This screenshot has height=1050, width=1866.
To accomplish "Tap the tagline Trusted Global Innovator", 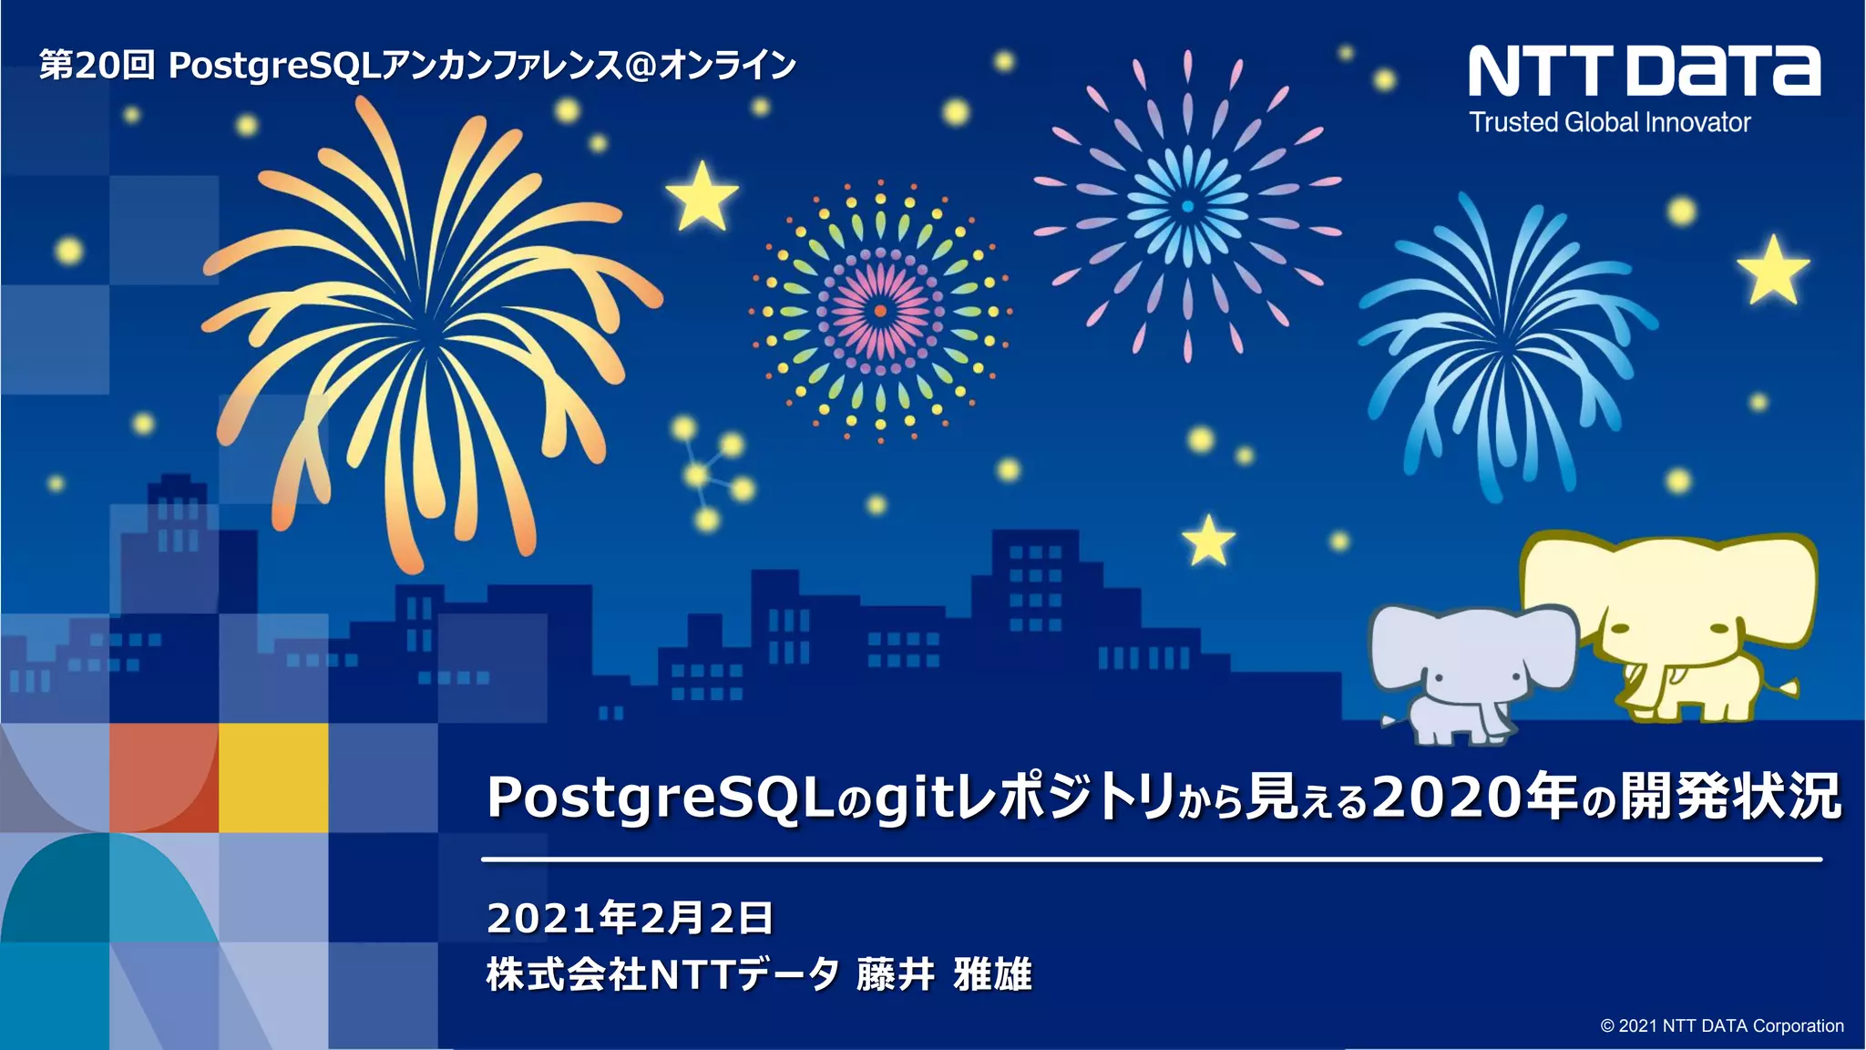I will tap(1609, 122).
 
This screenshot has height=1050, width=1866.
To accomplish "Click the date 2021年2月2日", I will tap(630, 918).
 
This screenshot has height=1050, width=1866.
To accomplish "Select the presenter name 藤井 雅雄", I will tap(944, 974).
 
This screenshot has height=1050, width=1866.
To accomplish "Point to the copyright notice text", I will tap(1721, 1025).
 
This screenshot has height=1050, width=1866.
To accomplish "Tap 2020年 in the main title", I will tap(1475, 797).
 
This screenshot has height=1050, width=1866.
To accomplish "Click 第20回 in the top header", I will tap(97, 66).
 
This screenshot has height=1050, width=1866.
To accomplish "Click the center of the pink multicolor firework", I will tap(880, 311).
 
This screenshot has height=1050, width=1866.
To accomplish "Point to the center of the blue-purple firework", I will tap(1187, 207).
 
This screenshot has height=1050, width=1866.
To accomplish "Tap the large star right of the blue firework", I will tap(1773, 271).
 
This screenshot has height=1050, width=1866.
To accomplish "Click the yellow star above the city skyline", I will tap(1208, 540).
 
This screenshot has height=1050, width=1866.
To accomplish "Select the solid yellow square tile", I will tap(273, 777).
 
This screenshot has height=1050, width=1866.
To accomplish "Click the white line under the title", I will tap(1151, 859).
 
